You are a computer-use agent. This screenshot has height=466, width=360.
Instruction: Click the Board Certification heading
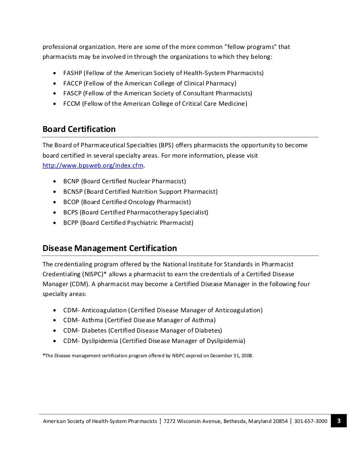click(x=79, y=129)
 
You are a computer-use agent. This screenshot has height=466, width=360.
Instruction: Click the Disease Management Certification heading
click(x=110, y=248)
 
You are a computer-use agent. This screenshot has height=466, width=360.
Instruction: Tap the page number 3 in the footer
click(x=339, y=421)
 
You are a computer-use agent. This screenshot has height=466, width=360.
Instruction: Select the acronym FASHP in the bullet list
click(x=73, y=73)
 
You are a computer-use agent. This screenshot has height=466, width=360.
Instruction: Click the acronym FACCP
click(x=73, y=84)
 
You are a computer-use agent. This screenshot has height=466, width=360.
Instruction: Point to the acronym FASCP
click(x=73, y=93)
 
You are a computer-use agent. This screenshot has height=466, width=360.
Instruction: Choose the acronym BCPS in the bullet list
click(x=72, y=212)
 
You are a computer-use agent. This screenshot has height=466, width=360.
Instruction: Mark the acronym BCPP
click(x=72, y=223)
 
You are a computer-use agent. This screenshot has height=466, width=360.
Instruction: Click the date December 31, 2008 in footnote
click(x=230, y=354)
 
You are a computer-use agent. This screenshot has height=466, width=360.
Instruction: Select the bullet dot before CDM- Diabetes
click(x=53, y=331)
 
